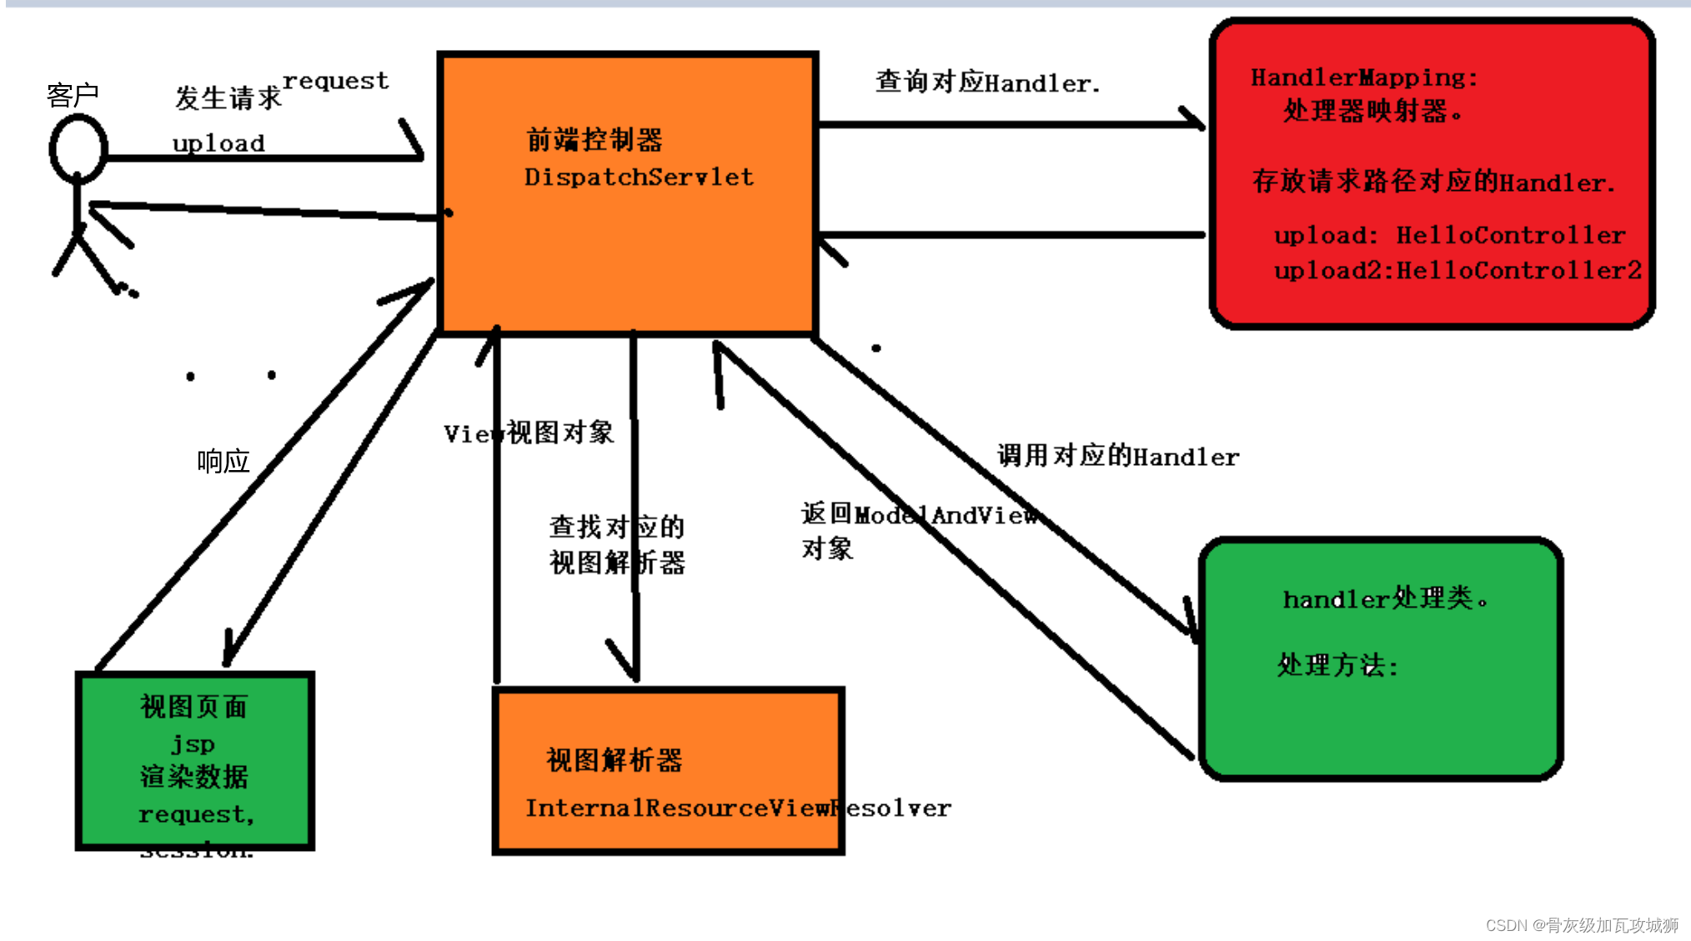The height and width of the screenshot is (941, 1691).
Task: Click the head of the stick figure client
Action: (x=78, y=149)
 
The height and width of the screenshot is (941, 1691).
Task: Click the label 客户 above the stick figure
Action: (x=73, y=96)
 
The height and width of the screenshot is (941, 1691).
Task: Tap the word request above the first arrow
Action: (x=335, y=81)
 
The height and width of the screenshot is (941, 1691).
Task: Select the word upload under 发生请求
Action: (x=218, y=143)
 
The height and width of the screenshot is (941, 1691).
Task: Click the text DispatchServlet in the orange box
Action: (x=639, y=177)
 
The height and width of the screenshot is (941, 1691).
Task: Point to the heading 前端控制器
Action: (x=595, y=140)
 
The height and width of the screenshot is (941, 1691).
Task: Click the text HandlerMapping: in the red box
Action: (x=1364, y=78)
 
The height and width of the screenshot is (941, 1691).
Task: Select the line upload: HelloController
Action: (x=1449, y=235)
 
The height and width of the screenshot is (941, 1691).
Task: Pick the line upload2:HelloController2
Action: (x=1458, y=270)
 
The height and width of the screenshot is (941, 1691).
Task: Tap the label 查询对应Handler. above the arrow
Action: (x=987, y=83)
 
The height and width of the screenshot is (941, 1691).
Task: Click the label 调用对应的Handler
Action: (x=1117, y=456)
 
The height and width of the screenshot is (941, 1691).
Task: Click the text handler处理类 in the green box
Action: (x=1384, y=598)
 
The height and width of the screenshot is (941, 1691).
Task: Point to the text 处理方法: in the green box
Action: (x=1337, y=665)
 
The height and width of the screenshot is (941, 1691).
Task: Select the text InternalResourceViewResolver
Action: (x=737, y=808)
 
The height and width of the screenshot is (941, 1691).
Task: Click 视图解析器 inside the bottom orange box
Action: (x=614, y=760)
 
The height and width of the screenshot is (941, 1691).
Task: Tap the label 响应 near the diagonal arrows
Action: (x=223, y=461)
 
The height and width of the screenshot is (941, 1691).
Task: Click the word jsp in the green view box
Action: (x=193, y=743)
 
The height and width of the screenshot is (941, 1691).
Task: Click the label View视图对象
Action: (x=529, y=433)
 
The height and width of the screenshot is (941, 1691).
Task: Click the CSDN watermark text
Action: (x=1581, y=925)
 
